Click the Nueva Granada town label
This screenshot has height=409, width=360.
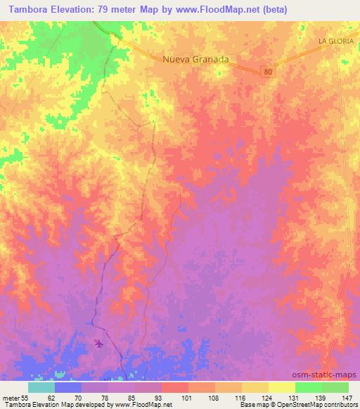click(x=195, y=60)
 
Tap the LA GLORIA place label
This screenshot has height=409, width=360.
click(x=335, y=41)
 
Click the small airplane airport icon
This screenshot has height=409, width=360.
click(x=98, y=344)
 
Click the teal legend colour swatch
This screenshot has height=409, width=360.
click(x=41, y=387)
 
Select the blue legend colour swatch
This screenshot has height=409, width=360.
click(x=68, y=387)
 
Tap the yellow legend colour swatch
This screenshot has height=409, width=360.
click(x=282, y=387)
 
